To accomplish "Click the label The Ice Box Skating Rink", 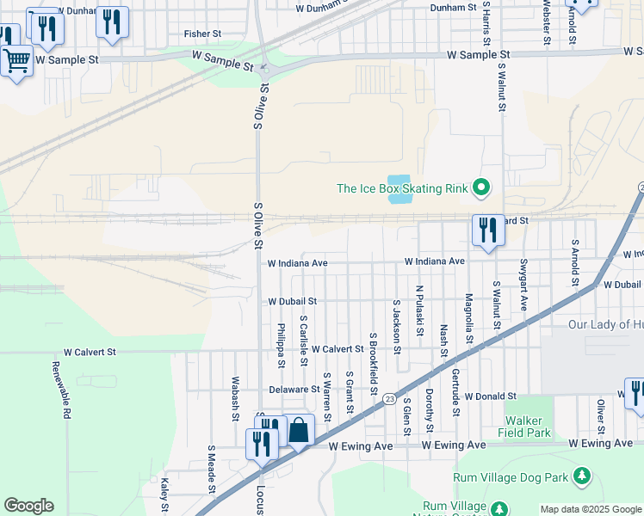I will pos(401,188).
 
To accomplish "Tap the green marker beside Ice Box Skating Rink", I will pos(481,187).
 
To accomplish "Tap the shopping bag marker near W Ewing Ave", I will pos(299,431).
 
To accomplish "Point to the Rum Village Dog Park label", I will pos(512,476).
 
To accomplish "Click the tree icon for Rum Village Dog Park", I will pos(583,476).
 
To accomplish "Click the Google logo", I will pos(28,506).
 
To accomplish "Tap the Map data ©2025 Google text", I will pos(590,509).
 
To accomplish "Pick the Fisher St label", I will pos(203,34).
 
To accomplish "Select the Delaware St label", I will pos(294,390).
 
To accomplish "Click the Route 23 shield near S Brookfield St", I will pos(390,399).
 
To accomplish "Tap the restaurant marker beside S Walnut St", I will pos(488,230).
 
